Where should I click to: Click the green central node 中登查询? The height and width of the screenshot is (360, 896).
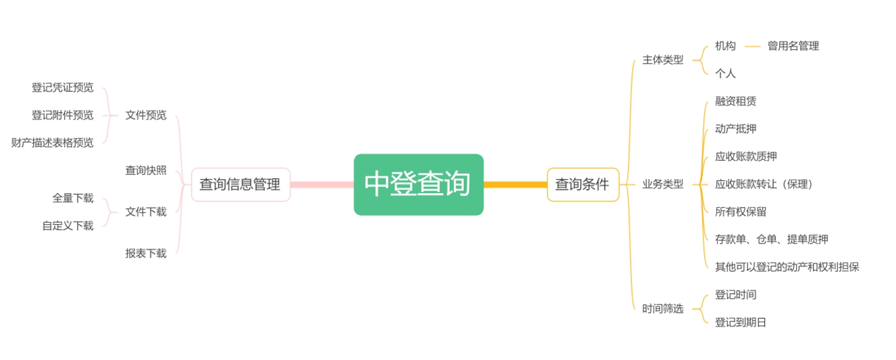[x=419, y=184]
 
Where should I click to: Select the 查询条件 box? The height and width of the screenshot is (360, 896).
[x=583, y=184]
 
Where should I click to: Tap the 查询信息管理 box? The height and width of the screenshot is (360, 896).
[x=240, y=184]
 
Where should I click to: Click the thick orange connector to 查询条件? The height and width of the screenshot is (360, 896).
[x=515, y=184]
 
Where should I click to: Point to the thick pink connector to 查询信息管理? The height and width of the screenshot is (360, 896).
[x=322, y=184]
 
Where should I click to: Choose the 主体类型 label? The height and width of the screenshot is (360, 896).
[x=663, y=60]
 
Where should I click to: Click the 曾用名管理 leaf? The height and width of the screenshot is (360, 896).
[x=793, y=46]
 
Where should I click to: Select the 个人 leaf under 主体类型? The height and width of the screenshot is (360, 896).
[x=725, y=74]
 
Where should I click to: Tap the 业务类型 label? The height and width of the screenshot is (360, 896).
[x=663, y=184]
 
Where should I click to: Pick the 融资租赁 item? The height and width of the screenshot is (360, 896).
[x=735, y=101]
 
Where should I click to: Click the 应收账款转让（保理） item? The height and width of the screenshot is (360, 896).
[x=764, y=184]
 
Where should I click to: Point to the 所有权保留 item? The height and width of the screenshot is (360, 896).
[x=741, y=212]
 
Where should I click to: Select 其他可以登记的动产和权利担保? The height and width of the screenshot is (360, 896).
[x=787, y=267]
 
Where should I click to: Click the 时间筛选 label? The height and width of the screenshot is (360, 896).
[x=663, y=309]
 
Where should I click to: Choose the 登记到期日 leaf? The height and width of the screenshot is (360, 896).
[x=741, y=322]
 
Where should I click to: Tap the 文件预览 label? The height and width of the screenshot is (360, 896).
[x=146, y=115]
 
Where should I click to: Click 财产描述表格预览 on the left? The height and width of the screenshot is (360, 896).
[x=53, y=143]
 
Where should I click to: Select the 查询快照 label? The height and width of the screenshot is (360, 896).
[x=146, y=170]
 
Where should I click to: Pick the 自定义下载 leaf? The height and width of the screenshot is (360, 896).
[x=68, y=226]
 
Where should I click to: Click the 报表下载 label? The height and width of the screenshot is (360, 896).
[x=146, y=253]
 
